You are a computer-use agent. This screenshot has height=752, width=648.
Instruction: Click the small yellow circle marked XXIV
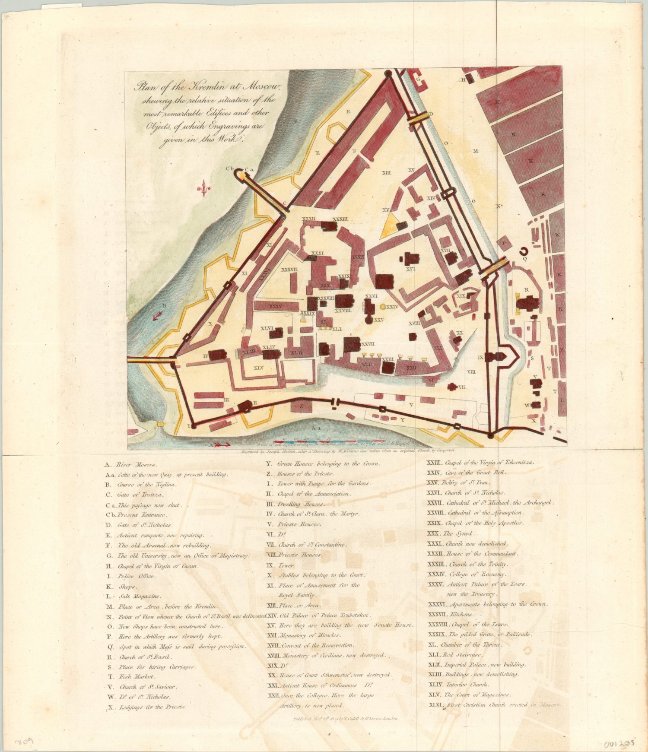pyautogui.click(x=383, y=307)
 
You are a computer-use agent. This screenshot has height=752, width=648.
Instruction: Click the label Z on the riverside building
pyautogui.click(x=302, y=406)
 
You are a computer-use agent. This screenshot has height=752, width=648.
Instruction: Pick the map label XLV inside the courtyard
pyautogui.click(x=258, y=368)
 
